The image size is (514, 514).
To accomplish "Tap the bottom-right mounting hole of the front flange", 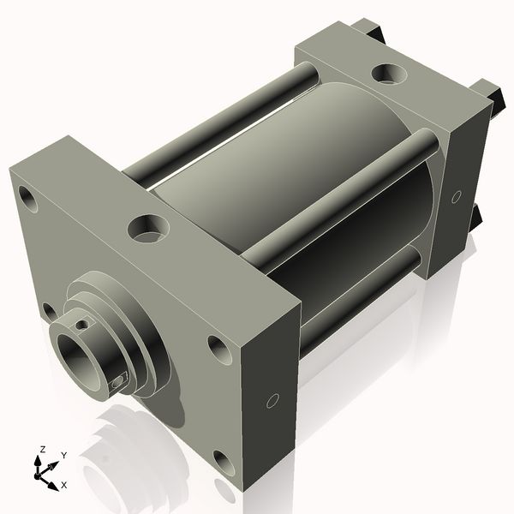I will [222, 463].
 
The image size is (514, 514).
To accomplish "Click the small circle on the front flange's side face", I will [273, 400].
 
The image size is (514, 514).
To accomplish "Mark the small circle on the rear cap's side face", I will [457, 197].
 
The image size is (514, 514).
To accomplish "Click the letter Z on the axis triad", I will [41, 449].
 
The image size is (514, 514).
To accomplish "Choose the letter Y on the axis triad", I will [63, 456].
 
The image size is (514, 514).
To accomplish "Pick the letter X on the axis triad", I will [63, 484].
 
